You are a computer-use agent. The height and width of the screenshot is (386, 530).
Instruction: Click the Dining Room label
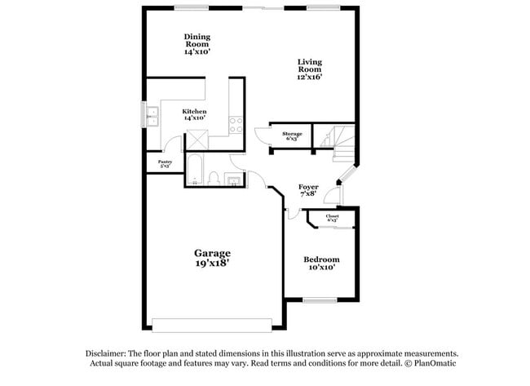pos(197,37)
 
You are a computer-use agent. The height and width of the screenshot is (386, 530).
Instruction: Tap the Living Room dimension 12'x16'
pos(309,78)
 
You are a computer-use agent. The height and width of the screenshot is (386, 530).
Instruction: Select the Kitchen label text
pos(194,111)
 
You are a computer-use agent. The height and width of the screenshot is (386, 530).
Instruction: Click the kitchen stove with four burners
pos(236,124)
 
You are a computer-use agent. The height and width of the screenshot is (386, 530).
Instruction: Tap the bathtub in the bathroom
pos(195,170)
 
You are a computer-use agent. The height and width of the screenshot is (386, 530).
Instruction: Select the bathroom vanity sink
pos(233,180)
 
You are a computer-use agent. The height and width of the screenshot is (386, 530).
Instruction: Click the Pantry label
pos(165,162)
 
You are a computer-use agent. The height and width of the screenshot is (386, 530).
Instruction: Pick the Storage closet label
pos(292,133)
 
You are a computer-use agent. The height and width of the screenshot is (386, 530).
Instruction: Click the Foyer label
pos(308,187)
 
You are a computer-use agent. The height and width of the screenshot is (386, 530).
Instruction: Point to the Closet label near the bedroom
pos(333,216)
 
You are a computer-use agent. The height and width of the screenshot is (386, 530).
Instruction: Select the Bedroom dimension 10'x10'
pos(321,268)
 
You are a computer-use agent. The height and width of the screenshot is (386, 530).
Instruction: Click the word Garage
pos(211,253)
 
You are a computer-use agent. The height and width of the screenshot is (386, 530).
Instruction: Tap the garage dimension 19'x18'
pos(211,264)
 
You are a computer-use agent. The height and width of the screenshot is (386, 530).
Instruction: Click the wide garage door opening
pos(213,325)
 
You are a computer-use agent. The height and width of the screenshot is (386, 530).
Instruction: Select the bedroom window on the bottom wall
pos(319,299)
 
